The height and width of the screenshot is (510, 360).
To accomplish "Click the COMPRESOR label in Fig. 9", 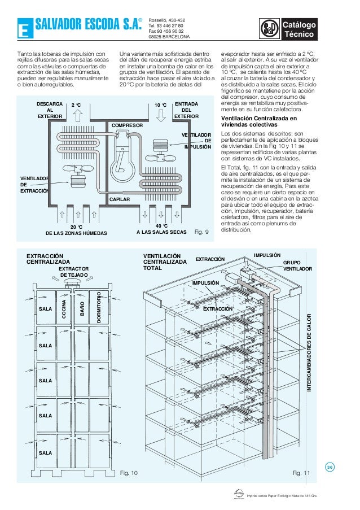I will point(126,125).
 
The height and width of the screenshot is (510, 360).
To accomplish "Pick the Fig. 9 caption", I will point(201,232).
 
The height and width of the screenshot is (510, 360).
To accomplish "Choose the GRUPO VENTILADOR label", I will point(296,266).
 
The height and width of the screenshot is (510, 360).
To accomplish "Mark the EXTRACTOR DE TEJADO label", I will point(74,272).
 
